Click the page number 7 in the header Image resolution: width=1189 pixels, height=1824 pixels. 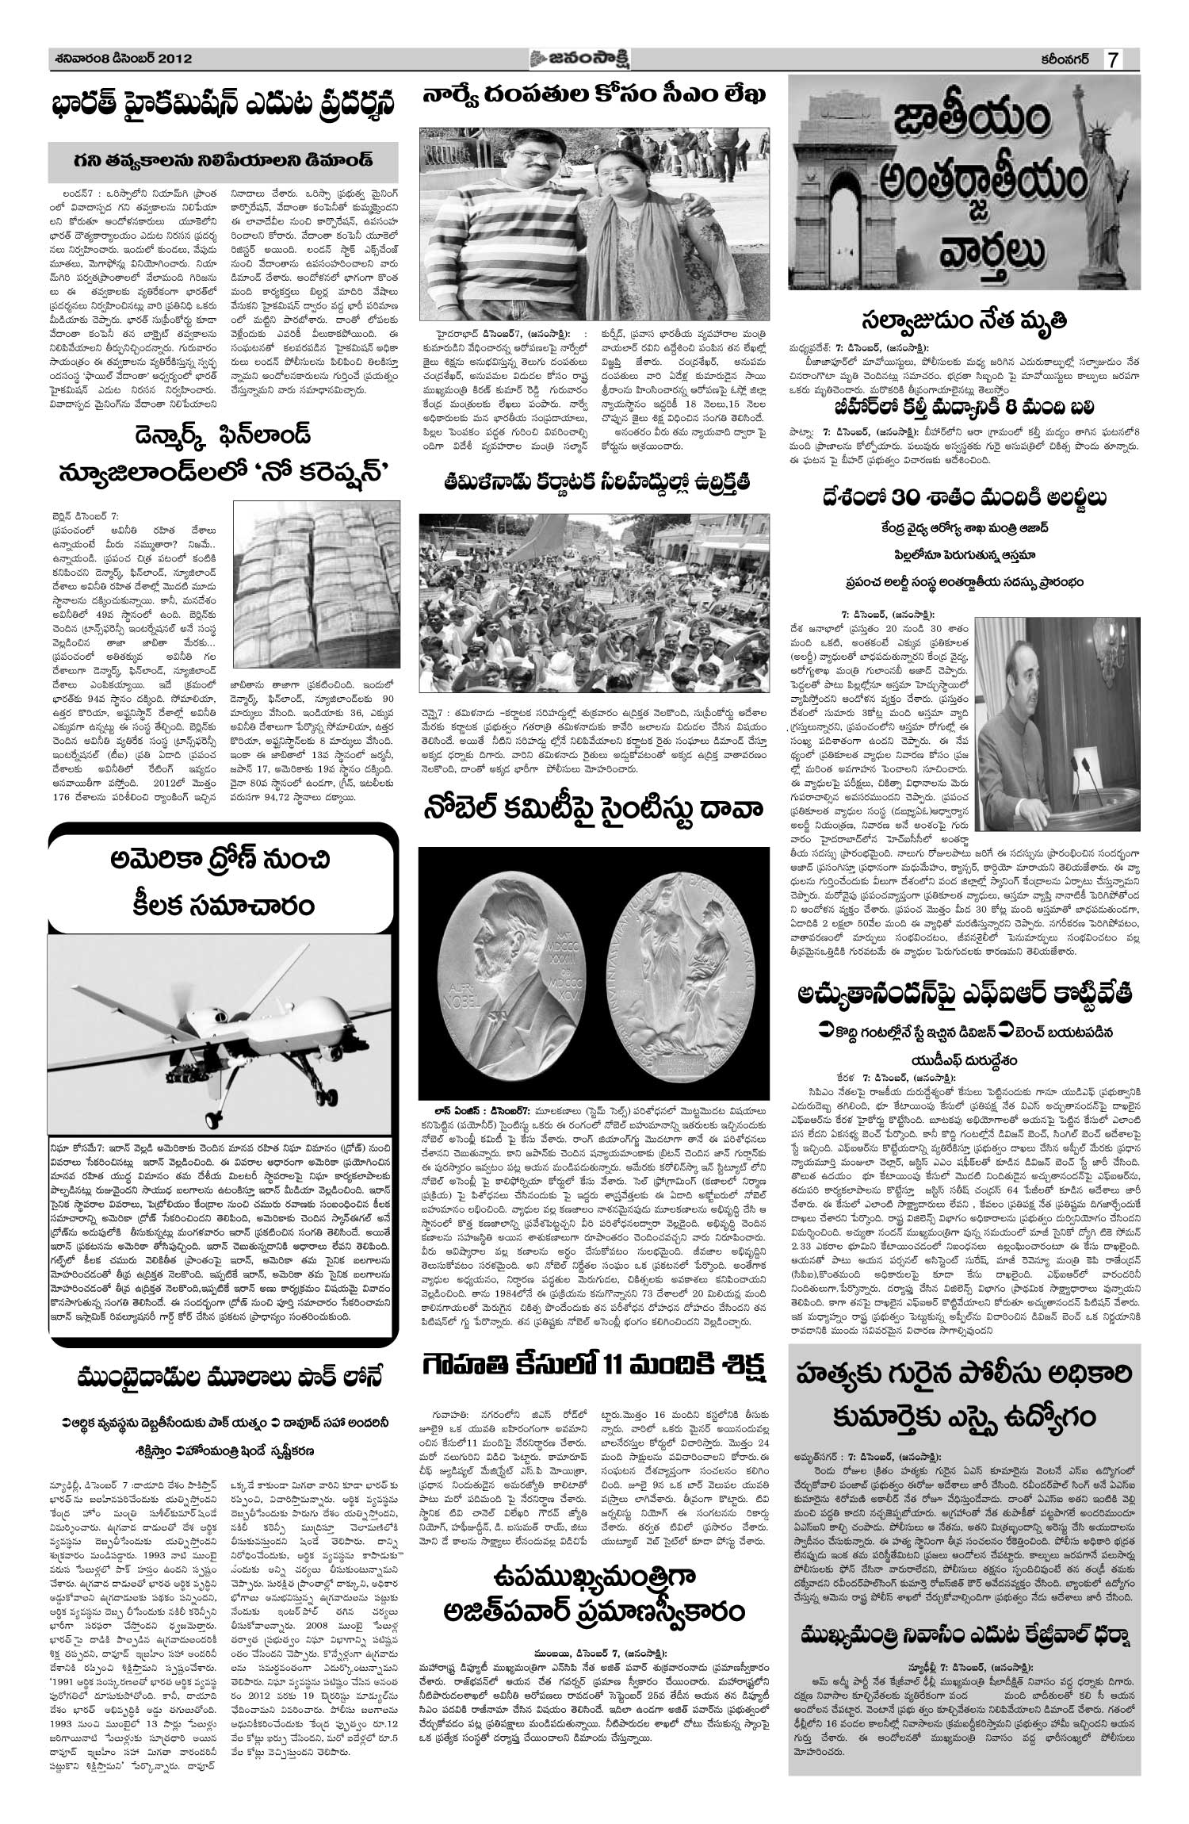1114,60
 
